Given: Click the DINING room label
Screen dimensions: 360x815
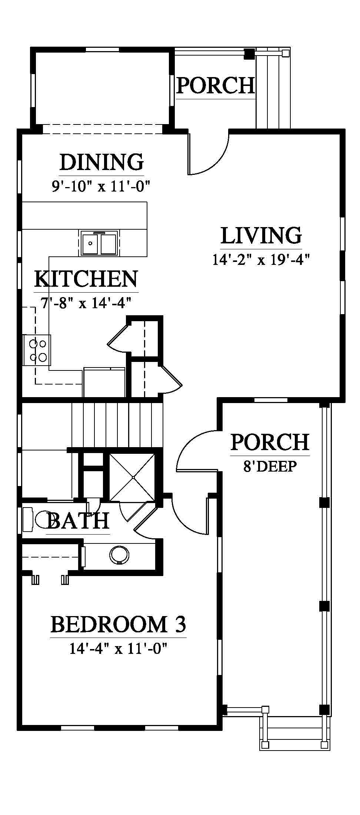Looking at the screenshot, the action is pos(101,162).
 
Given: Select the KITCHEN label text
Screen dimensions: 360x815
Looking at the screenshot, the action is pos(86,279).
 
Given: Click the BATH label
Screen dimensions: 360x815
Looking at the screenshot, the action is pos(78,520).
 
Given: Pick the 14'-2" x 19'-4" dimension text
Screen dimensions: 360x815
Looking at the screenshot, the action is pos(261,260).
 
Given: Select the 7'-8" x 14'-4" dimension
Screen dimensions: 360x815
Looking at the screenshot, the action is pos(86,303).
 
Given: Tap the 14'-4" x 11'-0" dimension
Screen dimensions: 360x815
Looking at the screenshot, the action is pos(119,649).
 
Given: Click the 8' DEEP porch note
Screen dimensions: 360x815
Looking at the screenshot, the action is pos(270,466).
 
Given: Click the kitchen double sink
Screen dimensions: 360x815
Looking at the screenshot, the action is pos(99,243).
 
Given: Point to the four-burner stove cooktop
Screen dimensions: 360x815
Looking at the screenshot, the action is pos(37,350).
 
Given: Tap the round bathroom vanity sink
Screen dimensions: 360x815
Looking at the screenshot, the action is pos(120,555).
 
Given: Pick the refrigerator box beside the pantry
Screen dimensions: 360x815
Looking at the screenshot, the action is pos(104,382).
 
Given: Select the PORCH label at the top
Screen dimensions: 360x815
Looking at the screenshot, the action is pos(216,86).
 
